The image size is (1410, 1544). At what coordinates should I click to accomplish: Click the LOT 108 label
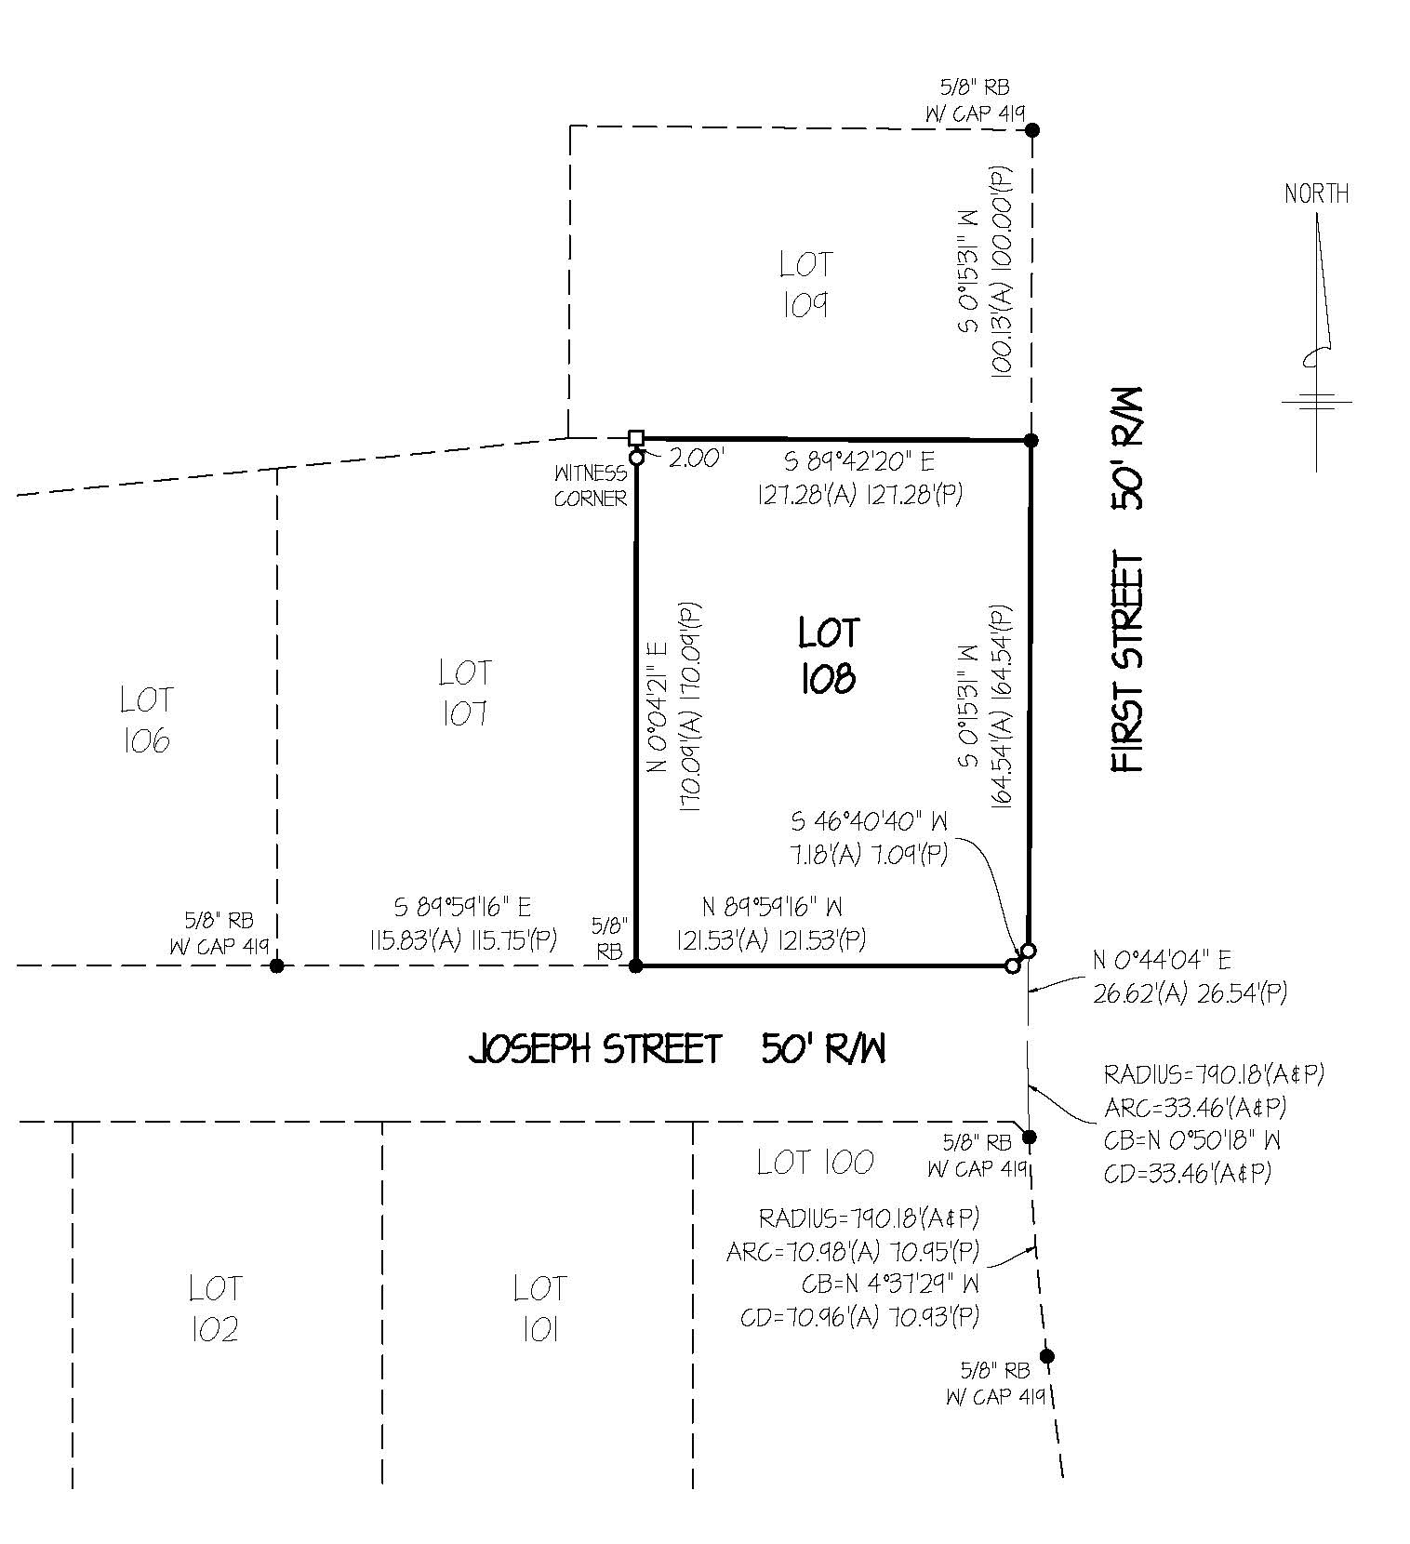pyautogui.click(x=828, y=656)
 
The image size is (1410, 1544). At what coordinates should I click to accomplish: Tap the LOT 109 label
pyautogui.click(x=805, y=285)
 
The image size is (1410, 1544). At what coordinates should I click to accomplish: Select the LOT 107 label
pyautogui.click(x=464, y=693)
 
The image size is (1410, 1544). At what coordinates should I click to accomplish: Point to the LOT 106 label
pyautogui.click(x=146, y=719)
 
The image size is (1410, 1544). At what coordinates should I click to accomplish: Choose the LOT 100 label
pyautogui.click(x=815, y=1162)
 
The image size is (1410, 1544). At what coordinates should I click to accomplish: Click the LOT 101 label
pyautogui.click(x=539, y=1310)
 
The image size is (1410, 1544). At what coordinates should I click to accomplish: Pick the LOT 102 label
pyautogui.click(x=215, y=1309)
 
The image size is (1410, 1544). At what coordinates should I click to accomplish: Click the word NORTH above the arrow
pyautogui.click(x=1316, y=193)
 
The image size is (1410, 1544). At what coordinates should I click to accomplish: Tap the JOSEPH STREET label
pyautogui.click(x=594, y=1050)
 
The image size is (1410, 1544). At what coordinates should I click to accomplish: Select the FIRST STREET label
pyautogui.click(x=1127, y=661)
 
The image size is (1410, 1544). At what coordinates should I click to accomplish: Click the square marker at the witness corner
pyautogui.click(x=636, y=438)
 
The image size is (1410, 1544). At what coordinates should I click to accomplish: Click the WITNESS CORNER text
pyautogui.click(x=591, y=486)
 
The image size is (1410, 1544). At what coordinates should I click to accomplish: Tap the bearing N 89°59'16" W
pyautogui.click(x=772, y=907)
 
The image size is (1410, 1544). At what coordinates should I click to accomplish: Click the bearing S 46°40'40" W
pyautogui.click(x=870, y=822)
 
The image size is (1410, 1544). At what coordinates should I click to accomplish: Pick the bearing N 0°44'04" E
pyautogui.click(x=1162, y=960)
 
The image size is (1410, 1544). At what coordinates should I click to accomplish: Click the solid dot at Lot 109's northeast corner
pyautogui.click(x=1031, y=130)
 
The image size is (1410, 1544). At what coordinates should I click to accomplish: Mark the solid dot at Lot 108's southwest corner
pyautogui.click(x=636, y=966)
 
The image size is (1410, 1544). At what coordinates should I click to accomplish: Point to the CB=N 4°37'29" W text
pyautogui.click(x=890, y=1284)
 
